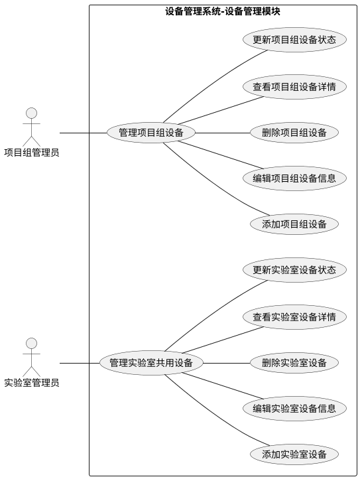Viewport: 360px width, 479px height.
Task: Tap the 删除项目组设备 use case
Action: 294,133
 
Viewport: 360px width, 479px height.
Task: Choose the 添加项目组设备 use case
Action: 294,224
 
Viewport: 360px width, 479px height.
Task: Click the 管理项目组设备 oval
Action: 151,133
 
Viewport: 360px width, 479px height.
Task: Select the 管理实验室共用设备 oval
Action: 151,363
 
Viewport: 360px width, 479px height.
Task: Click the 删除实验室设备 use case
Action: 294,363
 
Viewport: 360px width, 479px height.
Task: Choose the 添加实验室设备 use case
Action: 294,454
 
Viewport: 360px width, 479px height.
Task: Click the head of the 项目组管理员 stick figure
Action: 31,113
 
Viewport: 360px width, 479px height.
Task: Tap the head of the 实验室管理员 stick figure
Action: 31,343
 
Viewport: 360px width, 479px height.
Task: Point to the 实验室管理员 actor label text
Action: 31,383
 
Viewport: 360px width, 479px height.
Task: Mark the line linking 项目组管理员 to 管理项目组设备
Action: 83,133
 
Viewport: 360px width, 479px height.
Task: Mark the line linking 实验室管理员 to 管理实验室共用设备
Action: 80,363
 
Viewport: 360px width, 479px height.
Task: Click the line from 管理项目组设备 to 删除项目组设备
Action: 223,133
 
